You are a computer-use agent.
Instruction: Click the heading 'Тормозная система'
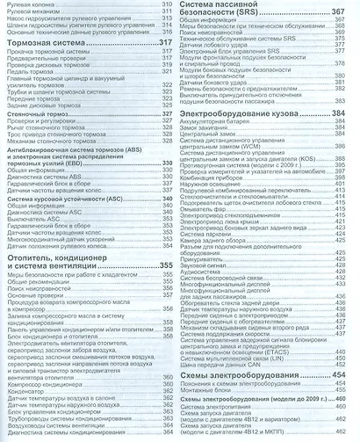click(x=59, y=43)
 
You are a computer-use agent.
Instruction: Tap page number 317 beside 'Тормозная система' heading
click(x=164, y=43)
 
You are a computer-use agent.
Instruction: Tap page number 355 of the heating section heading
click(x=164, y=264)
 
